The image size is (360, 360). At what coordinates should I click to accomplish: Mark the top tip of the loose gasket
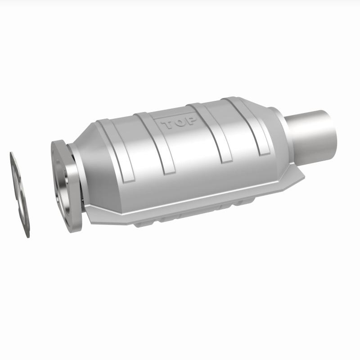tap(12, 153)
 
